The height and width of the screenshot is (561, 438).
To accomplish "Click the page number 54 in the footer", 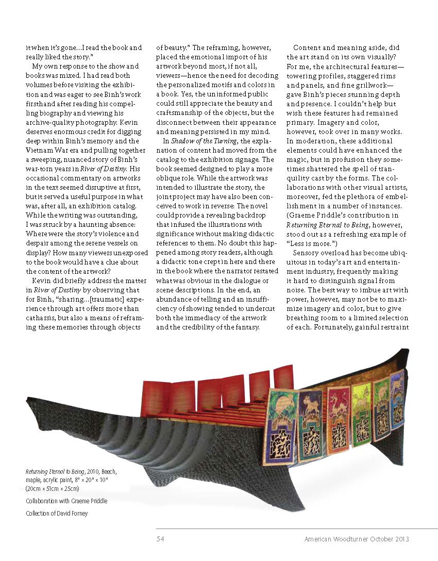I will tap(160, 539).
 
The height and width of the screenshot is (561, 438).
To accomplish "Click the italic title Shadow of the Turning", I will tap(199, 141).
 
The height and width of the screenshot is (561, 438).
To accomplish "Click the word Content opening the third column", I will tap(308, 48).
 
